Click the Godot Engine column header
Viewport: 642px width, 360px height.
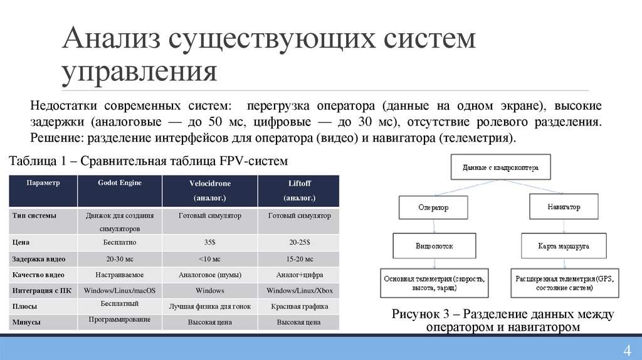[120, 183]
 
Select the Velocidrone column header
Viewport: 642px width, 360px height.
[209, 190]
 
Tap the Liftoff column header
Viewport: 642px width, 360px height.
[298, 190]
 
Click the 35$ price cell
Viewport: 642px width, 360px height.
[209, 242]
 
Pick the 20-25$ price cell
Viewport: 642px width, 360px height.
[299, 242]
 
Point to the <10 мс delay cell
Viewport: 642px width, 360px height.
[209, 259]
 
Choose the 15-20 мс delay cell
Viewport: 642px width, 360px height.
[299, 259]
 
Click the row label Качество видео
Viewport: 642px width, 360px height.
[38, 275]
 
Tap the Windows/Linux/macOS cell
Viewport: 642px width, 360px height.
[120, 290]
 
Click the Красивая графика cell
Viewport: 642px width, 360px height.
[299, 307]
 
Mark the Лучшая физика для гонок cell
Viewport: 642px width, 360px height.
[209, 307]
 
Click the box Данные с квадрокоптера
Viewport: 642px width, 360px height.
[500, 168]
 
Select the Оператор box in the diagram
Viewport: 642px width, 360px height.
[433, 207]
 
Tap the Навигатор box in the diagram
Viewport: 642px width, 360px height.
[563, 206]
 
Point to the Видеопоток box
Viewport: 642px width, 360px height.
[433, 246]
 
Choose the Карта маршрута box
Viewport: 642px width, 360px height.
[563, 246]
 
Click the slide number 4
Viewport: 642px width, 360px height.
[626, 350]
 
